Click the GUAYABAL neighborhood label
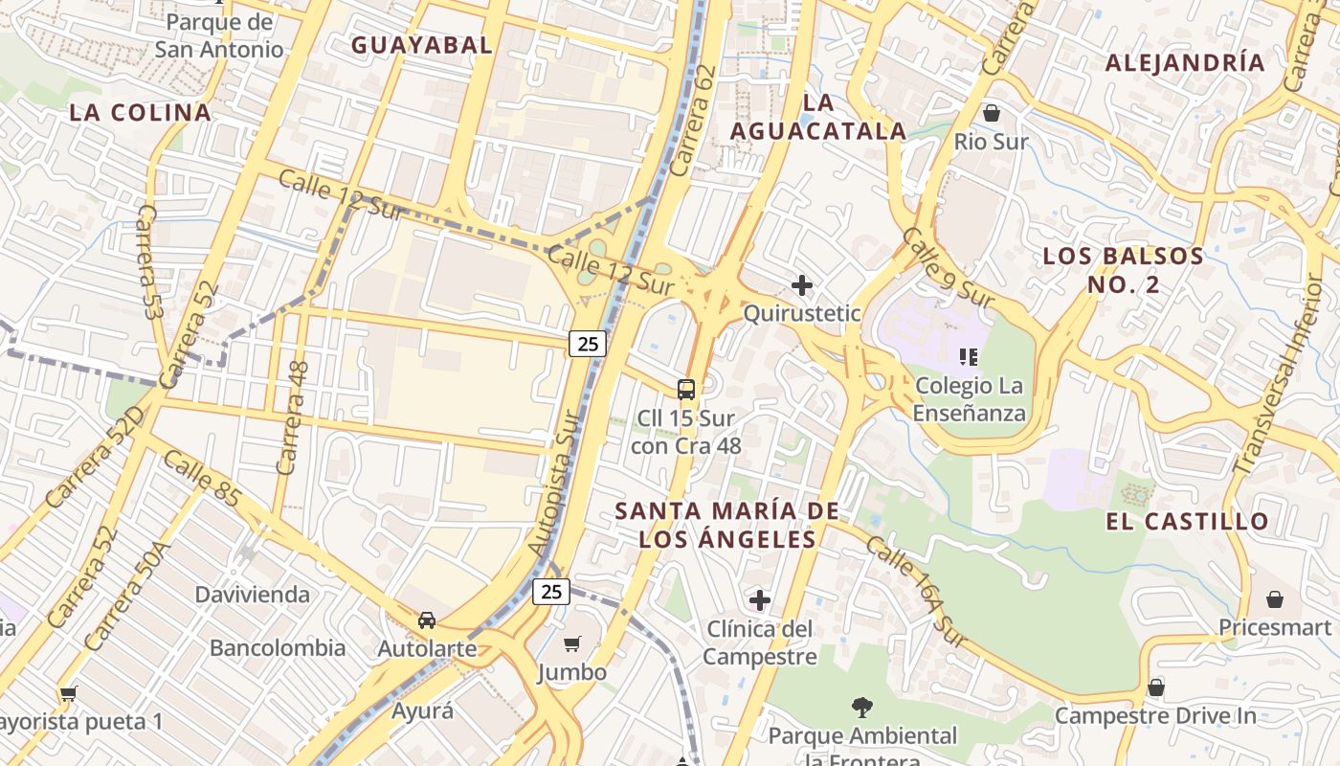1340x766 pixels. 421,44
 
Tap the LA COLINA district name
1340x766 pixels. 140,112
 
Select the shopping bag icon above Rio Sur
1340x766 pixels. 992,113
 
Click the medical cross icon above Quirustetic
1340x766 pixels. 802,284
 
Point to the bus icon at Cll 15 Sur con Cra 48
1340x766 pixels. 685,389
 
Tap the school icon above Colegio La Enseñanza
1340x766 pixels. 969,357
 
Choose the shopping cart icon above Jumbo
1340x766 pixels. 571,643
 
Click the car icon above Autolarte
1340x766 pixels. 427,620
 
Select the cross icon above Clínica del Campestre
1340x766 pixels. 760,600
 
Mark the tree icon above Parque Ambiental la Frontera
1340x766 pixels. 862,708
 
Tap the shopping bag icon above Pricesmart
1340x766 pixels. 1275,599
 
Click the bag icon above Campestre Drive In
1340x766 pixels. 1156,687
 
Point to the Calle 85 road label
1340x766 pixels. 202,478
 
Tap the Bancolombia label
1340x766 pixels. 278,647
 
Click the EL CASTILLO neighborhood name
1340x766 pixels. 1187,522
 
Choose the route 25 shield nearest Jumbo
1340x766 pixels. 551,592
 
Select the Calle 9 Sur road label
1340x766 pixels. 948,268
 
